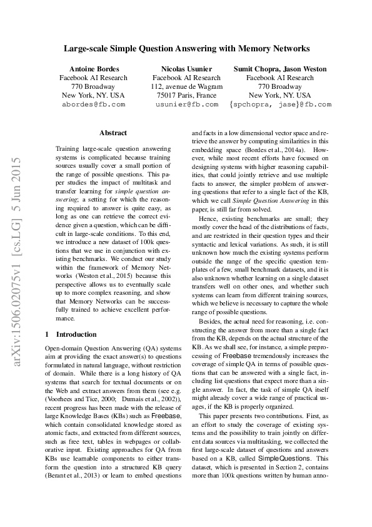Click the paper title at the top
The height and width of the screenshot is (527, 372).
[186, 48]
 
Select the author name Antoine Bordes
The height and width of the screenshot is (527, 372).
[93, 68]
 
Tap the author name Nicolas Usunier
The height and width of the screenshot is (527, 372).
[186, 68]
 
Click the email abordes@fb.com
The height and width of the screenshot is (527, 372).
[93, 104]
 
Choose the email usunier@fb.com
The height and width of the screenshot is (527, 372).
[186, 104]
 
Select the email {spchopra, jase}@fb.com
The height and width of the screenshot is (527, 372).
[279, 104]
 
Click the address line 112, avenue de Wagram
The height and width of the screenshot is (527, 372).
[186, 86]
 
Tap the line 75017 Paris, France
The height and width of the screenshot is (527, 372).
[186, 95]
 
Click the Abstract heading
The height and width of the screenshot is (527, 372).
[113, 133]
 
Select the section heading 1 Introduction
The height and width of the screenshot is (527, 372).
[71, 335]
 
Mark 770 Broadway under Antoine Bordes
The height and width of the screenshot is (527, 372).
[93, 86]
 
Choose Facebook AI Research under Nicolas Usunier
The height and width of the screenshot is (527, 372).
[186, 78]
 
